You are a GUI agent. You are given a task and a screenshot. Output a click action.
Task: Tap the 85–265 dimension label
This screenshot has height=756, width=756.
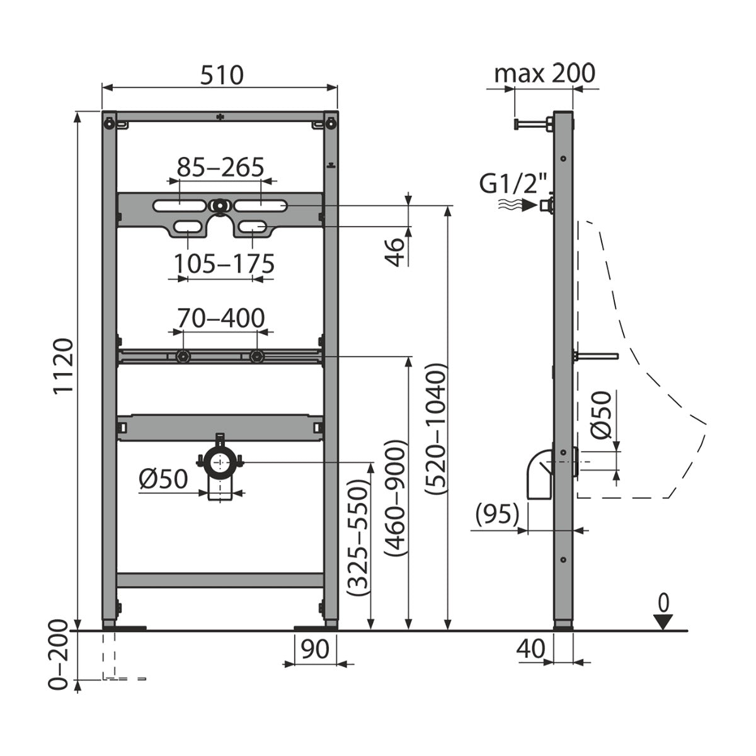click(220, 167)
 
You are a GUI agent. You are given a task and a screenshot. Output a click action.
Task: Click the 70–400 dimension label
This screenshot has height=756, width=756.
click(220, 318)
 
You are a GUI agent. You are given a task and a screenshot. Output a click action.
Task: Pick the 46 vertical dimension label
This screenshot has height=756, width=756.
click(395, 251)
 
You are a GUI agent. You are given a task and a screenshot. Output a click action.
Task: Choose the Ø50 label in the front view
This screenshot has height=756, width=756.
click(163, 479)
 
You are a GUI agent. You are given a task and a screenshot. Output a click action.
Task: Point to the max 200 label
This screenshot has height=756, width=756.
click(544, 74)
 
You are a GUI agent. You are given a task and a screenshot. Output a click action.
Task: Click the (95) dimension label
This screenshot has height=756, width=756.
click(497, 514)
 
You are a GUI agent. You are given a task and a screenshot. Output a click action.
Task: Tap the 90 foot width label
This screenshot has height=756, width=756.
click(315, 648)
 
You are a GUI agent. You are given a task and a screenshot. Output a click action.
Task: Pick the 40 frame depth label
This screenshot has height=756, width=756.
click(530, 648)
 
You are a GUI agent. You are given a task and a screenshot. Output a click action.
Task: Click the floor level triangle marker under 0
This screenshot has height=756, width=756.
click(662, 622)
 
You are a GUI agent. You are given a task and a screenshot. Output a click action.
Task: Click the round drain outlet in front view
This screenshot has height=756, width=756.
click(219, 462)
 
